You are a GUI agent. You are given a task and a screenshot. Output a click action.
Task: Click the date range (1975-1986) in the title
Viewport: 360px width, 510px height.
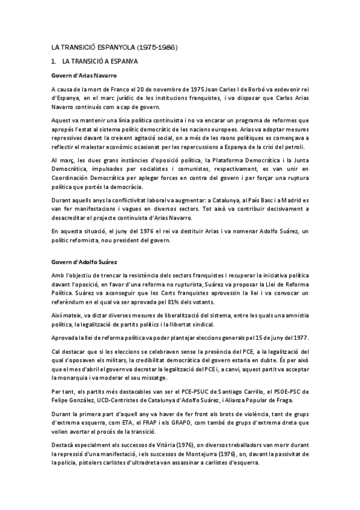tap(159, 46)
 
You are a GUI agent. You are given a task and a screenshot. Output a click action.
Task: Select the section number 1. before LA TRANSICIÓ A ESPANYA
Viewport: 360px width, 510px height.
tap(54, 61)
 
